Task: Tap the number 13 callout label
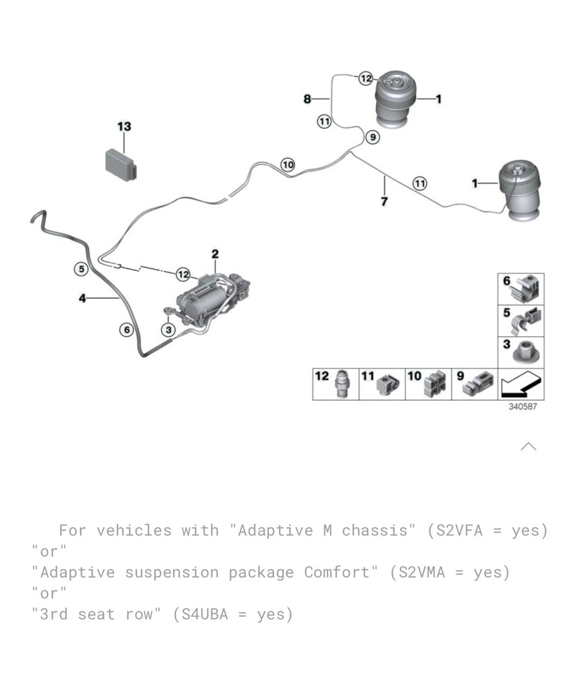pyautogui.click(x=124, y=127)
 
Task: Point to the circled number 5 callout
pyautogui.click(x=81, y=269)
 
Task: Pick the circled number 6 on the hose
pyautogui.click(x=126, y=329)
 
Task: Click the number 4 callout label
pyautogui.click(x=82, y=298)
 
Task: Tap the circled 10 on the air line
pyautogui.click(x=288, y=165)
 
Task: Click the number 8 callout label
pyautogui.click(x=307, y=99)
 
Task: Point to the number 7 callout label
pyautogui.click(x=384, y=201)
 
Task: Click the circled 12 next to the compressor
pyautogui.click(x=184, y=274)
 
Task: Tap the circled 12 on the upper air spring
pyautogui.click(x=365, y=79)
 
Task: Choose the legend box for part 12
pyautogui.click(x=336, y=384)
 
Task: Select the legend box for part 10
pyautogui.click(x=428, y=384)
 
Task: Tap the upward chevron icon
pyautogui.click(x=529, y=446)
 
